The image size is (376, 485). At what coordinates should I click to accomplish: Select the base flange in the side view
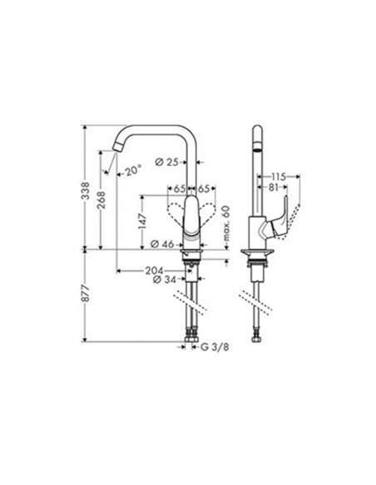(257, 252)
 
